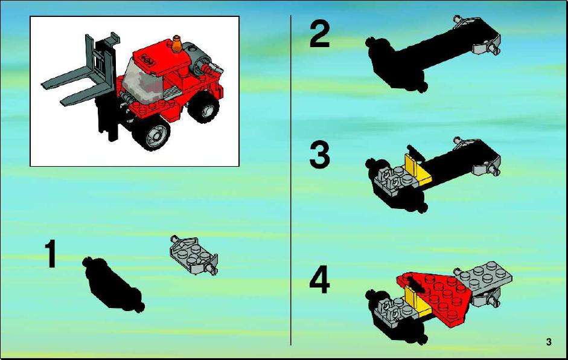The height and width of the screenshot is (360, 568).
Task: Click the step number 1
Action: tap(51, 253)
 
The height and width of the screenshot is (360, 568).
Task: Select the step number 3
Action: tap(319, 155)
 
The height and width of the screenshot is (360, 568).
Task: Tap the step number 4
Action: tap(319, 279)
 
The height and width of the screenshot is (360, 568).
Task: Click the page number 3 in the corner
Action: tap(549, 342)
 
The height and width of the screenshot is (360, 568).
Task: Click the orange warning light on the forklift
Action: tap(177, 44)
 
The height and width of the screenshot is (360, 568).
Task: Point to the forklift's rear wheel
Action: tap(203, 106)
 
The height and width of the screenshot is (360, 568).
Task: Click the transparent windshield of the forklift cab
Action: tap(142, 82)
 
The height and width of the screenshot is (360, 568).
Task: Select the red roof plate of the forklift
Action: tap(161, 57)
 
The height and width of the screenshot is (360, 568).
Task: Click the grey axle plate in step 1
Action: tap(194, 254)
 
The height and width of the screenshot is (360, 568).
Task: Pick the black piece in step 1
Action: tap(113, 284)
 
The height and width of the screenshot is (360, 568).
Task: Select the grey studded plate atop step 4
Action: tap(483, 277)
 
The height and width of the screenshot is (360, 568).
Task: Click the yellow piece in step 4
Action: tap(418, 301)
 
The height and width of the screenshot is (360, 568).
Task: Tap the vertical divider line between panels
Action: tap(290, 180)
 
